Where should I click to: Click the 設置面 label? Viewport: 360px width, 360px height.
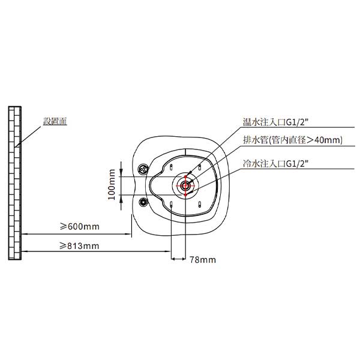point(55,121)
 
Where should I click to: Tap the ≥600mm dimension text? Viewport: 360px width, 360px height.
point(80,227)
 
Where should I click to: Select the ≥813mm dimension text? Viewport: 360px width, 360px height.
point(79,246)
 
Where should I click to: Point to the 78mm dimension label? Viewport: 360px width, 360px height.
point(203,260)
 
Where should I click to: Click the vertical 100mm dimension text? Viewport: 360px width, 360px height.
point(112,185)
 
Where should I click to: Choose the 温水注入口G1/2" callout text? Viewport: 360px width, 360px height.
point(275,122)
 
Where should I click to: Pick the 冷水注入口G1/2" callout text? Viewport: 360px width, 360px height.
point(275,164)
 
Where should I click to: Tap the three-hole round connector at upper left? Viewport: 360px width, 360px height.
point(143,169)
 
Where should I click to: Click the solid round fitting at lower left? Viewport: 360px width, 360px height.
point(143,202)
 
